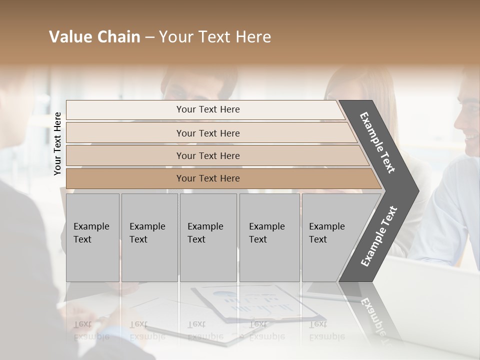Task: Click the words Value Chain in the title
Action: [94, 37]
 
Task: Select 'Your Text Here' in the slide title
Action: [215, 37]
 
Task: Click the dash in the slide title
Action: [149, 37]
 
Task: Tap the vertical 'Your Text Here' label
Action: [58, 143]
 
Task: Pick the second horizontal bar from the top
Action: [207, 133]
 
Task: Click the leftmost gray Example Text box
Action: [92, 237]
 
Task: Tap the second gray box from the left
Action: [149, 237]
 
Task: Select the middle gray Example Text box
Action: [208, 237]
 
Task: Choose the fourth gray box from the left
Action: [269, 237]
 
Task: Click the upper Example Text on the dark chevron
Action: [378, 142]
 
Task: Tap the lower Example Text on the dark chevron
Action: [379, 236]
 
